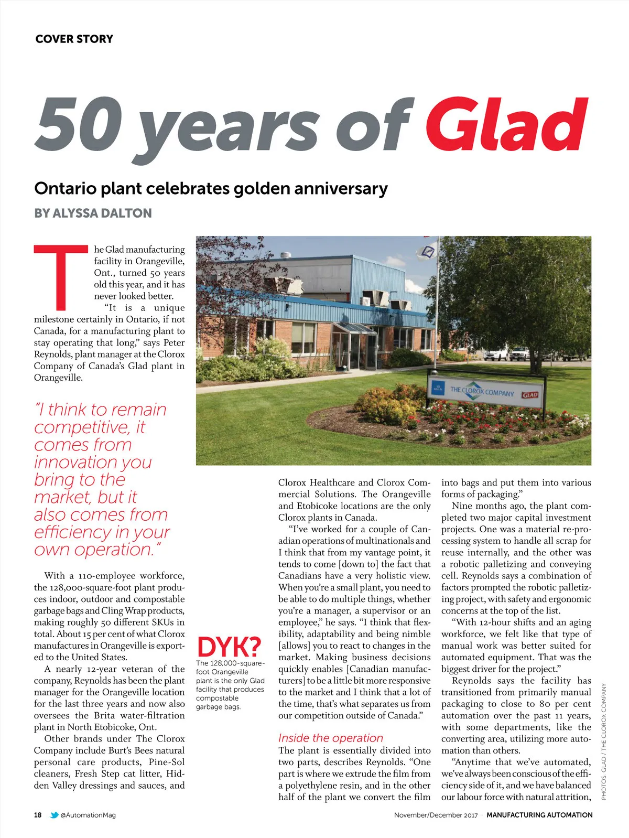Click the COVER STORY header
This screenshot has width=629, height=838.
(74, 39)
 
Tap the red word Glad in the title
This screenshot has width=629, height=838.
(507, 124)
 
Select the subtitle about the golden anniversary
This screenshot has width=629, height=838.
(211, 188)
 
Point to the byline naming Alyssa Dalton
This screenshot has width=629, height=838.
(93, 213)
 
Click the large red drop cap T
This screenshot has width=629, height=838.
(61, 276)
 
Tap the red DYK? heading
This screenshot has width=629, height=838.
(229, 647)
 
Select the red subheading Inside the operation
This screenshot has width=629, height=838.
(330, 738)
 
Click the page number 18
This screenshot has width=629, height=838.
(38, 815)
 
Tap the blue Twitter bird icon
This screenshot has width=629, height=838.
(54, 815)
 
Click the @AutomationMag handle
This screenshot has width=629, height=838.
(88, 815)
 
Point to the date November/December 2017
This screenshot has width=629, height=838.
(436, 815)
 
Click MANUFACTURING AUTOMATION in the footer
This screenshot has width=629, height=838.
(539, 815)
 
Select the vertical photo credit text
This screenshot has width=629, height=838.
(603, 741)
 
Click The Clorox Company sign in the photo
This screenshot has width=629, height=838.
(483, 391)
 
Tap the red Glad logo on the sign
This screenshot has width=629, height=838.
(530, 395)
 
